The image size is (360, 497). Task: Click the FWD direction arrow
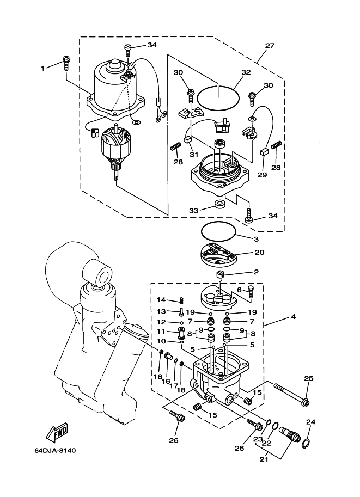click(x=57, y=432)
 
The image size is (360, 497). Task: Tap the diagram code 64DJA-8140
click(x=55, y=450)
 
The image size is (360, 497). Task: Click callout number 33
click(x=193, y=211)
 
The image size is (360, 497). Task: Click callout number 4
click(x=294, y=316)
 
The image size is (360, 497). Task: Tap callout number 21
click(x=264, y=459)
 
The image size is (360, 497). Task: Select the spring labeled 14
click(x=181, y=300)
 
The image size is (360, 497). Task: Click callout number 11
click(x=161, y=332)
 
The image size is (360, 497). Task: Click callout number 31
click(x=194, y=155)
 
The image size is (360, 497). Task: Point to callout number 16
click(x=166, y=381)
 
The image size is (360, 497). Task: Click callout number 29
click(x=262, y=175)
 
